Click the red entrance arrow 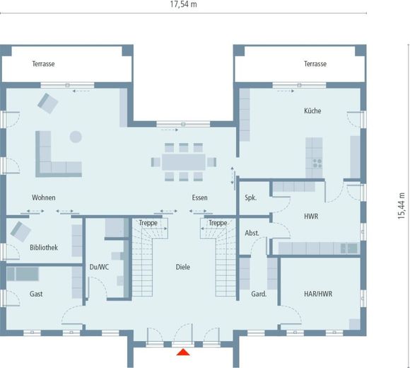(x=183, y=352)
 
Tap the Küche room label (x=312, y=110)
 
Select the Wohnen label (x=44, y=197)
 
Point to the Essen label (x=200, y=197)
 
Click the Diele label (x=183, y=267)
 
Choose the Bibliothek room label (x=44, y=248)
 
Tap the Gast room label (x=36, y=294)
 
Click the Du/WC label (x=99, y=267)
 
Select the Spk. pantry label (x=250, y=198)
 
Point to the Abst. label (x=252, y=233)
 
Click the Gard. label (x=259, y=294)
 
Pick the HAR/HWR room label (x=318, y=294)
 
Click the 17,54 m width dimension (x=184, y=4)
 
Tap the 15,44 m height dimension (x=402, y=206)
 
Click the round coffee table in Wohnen (x=76, y=137)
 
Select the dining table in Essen (x=184, y=162)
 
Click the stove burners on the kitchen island (x=317, y=163)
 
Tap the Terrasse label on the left (x=43, y=64)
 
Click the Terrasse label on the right (x=315, y=64)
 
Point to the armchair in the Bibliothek (x=20, y=231)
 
